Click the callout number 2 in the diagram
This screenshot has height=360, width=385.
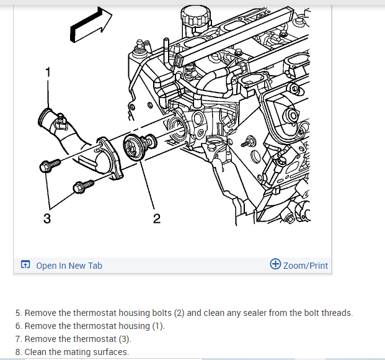(x=156, y=218)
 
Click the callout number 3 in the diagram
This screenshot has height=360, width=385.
(x=47, y=218)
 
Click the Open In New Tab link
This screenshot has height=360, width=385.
(x=69, y=266)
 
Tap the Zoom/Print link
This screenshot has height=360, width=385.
(x=305, y=266)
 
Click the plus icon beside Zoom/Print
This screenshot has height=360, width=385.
(x=275, y=264)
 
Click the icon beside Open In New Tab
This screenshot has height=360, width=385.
(x=25, y=266)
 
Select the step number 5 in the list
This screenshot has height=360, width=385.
(x=18, y=313)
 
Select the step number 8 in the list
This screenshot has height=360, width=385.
(x=18, y=352)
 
